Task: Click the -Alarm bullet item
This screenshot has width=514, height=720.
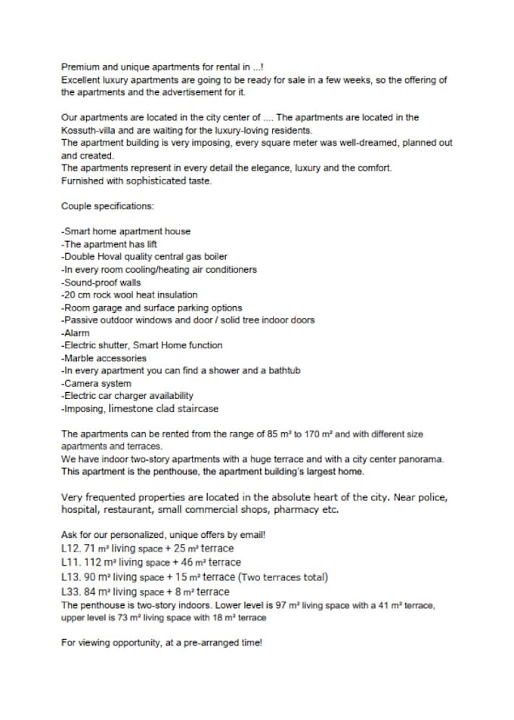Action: (76, 332)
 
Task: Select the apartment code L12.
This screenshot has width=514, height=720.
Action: (71, 548)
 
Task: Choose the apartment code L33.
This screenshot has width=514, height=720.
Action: (71, 592)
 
